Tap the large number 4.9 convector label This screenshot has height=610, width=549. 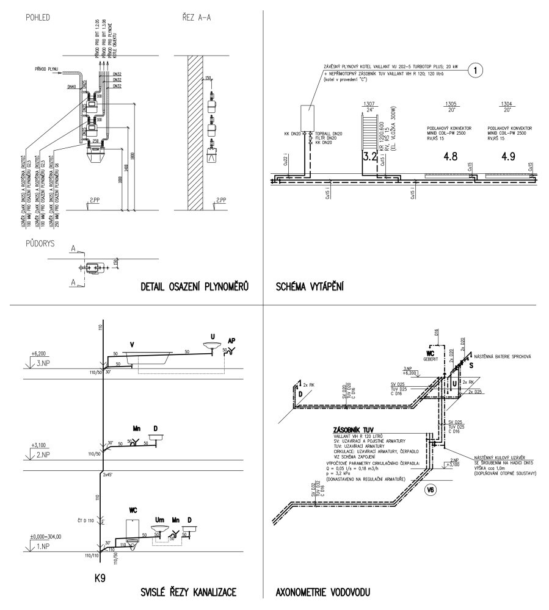[x=509, y=156]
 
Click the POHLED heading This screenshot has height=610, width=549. [x=37, y=16]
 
